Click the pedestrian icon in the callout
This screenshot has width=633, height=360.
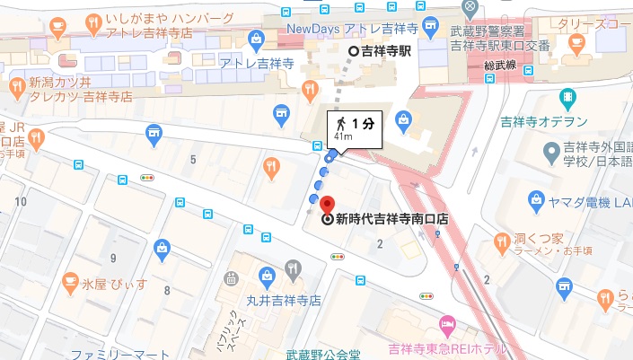click(341, 122)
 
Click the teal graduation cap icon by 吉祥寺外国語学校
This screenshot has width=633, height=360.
click(550, 149)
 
